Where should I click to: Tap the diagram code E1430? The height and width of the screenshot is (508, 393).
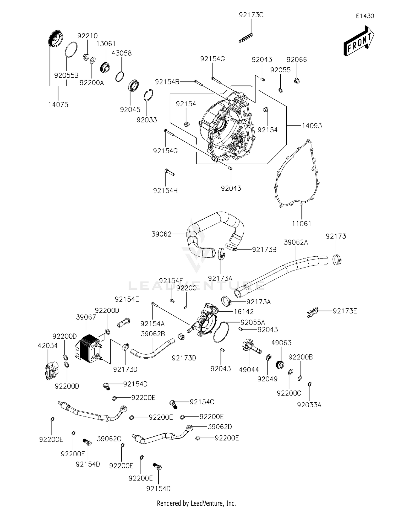[365, 16]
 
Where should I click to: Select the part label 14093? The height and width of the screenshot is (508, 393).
[312, 126]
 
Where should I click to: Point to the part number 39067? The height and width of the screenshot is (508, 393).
[86, 317]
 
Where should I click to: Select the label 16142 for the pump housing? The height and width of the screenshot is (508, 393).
[244, 312]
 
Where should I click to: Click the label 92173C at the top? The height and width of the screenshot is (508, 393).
[251, 15]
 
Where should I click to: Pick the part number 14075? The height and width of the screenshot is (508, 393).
[58, 105]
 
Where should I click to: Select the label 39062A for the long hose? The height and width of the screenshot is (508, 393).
[296, 242]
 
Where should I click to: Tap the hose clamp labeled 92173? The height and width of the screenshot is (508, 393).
[337, 260]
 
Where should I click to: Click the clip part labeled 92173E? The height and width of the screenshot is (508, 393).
[312, 313]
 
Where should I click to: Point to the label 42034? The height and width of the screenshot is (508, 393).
[48, 346]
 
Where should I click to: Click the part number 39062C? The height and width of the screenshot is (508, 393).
[109, 439]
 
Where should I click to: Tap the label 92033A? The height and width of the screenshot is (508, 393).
[309, 405]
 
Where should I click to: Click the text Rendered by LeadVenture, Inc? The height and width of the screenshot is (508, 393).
[196, 503]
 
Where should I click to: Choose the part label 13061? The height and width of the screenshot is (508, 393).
[106, 44]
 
